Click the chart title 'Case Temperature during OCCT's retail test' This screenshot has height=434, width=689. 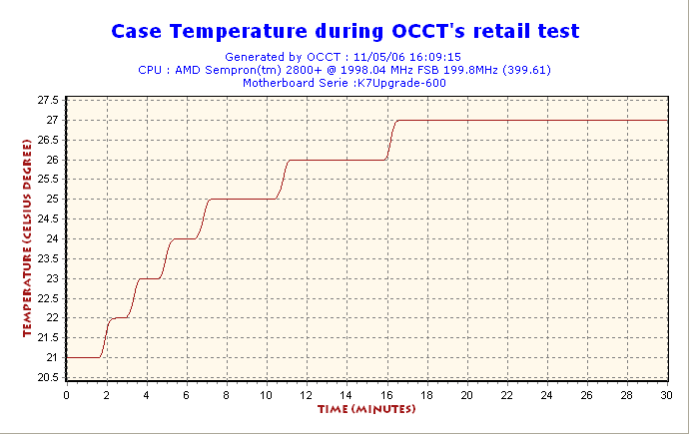point(344,31)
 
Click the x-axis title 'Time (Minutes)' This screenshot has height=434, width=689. point(365,409)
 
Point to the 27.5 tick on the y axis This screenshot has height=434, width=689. point(48,101)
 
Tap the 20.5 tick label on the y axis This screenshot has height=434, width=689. point(48,377)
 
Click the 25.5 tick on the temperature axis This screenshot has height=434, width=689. point(48,180)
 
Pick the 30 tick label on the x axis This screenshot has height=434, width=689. point(666,394)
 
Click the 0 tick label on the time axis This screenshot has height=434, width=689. point(66,394)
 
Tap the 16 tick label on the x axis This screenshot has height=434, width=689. point(386,394)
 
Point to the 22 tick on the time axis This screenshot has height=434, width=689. point(506,394)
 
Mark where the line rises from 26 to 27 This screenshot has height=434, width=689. point(391,140)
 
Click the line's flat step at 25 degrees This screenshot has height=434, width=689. point(241,199)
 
